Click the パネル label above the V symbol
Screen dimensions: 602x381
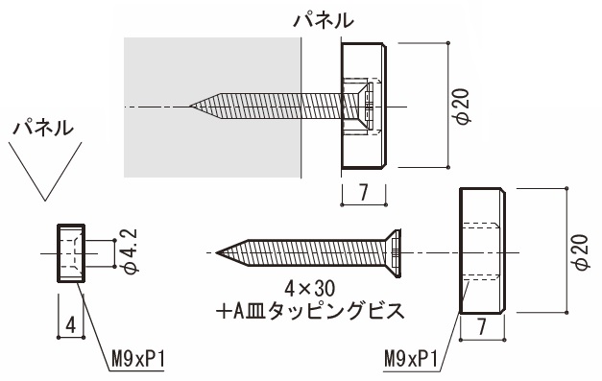click(x=43, y=128)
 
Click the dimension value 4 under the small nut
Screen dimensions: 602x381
click(x=71, y=325)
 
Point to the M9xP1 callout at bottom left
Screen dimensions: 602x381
click(x=138, y=360)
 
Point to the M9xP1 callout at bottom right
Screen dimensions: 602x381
click(x=411, y=360)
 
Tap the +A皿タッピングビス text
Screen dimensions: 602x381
click(x=310, y=310)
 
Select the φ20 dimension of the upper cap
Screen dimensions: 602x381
click(x=463, y=106)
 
